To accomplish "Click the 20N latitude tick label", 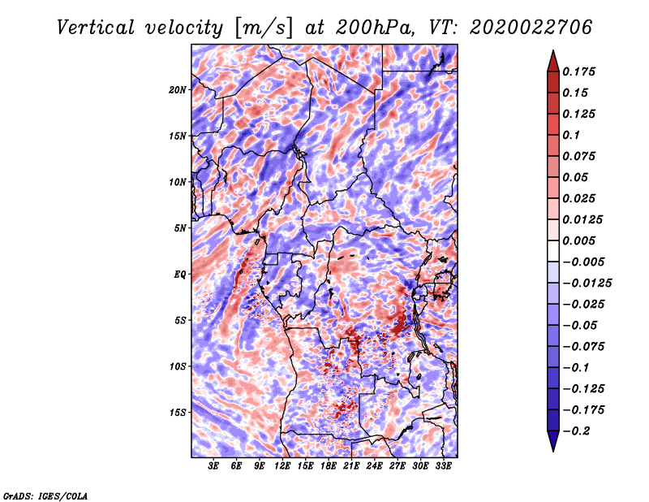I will pos(178,89).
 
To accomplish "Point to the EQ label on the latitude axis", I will pos(181,275).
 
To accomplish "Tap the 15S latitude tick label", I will pos(178,413).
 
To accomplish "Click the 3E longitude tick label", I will pos(214,467).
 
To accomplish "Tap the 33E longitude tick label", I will pos(444,467).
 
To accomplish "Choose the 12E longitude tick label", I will pos(283,467).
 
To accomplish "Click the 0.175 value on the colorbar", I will pos(582,71).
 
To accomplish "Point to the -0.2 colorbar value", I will pos(579,431).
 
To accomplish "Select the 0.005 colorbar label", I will pos(582,241).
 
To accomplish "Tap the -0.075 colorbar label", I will pos(585,346).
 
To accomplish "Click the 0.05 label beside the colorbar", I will pos(578,177).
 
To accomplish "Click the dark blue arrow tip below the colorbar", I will pos(552,448).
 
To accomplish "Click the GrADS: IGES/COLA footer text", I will pos(45,495).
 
